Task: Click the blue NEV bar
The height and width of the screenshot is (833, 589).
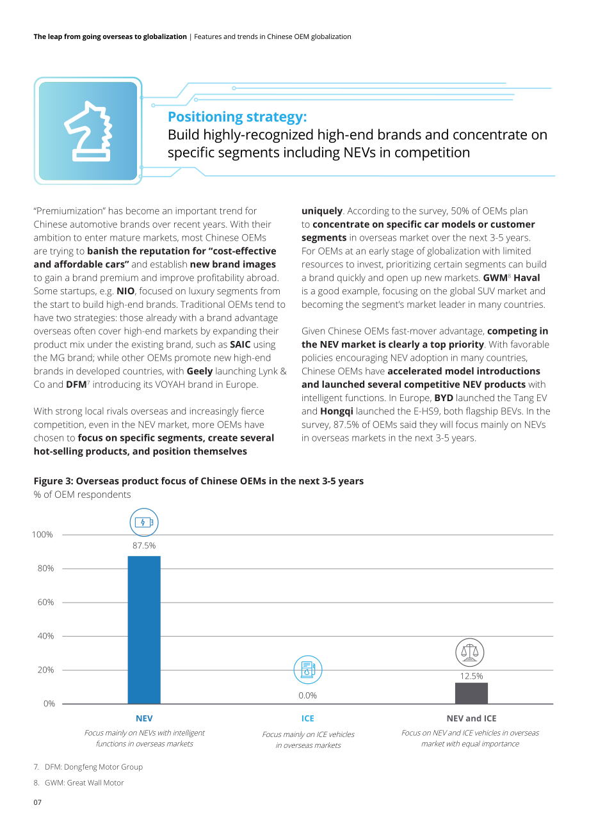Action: [x=144, y=630]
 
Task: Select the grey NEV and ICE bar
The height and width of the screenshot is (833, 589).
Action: [x=471, y=693]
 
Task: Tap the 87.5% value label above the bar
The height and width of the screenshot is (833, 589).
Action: [x=144, y=546]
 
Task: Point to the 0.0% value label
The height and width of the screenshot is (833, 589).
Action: [x=308, y=695]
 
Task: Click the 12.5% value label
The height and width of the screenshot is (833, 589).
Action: [x=471, y=676]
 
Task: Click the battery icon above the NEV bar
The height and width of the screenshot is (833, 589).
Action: [x=144, y=522]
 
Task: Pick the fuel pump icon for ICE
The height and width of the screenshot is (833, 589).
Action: [x=308, y=669]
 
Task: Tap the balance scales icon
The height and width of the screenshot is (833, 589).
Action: [x=469, y=653]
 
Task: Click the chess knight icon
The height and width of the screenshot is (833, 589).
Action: [x=88, y=131]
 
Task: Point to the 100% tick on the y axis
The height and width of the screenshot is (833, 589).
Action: [x=42, y=534]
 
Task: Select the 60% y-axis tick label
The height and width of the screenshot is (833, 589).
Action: [x=45, y=602]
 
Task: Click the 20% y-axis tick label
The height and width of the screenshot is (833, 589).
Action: [x=45, y=670]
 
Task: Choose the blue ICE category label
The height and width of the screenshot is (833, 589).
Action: [x=308, y=718]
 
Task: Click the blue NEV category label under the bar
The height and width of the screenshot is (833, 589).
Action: [x=144, y=718]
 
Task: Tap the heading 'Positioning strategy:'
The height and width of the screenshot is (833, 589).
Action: [x=238, y=117]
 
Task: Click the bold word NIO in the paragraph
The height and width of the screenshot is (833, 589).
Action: [x=125, y=291]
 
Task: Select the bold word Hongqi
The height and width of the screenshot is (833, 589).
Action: [x=337, y=411]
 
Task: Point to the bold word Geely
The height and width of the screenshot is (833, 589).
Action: [x=200, y=371]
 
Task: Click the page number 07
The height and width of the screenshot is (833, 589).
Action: [x=38, y=802]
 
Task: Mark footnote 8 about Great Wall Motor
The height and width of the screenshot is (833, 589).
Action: [x=79, y=782]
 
